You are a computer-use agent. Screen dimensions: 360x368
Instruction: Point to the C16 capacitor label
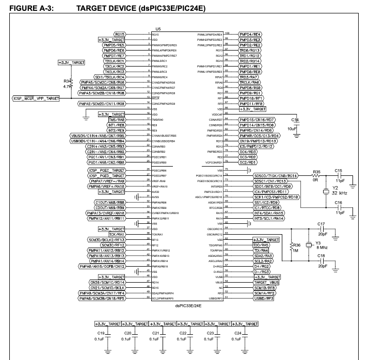pos(338,203)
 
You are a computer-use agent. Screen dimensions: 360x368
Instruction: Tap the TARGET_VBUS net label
pos(265,283)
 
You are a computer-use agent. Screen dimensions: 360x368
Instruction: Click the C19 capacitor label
pos(101,334)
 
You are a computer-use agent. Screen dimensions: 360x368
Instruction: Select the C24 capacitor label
pos(238,334)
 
